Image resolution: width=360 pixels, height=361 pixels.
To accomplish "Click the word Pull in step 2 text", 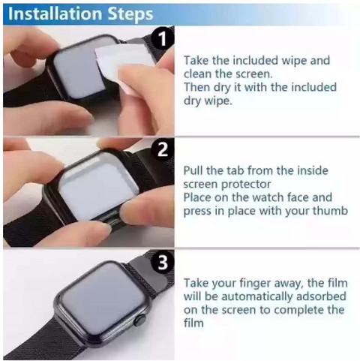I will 194,170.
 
